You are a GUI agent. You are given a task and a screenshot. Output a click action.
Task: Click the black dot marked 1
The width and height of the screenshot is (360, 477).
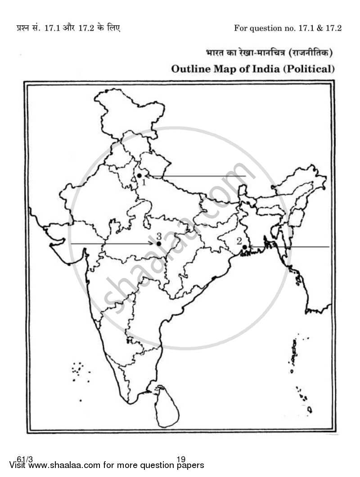tap(139, 175)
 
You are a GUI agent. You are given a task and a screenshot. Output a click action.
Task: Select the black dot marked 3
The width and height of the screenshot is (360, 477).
tap(159, 243)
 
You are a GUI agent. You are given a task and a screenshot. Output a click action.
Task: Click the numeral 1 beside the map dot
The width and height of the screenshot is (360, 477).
tap(144, 182)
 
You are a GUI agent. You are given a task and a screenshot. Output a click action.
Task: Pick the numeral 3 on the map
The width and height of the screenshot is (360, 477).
tap(159, 235)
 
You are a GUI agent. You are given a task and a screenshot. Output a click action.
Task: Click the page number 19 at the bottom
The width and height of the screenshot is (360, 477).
tap(181, 459)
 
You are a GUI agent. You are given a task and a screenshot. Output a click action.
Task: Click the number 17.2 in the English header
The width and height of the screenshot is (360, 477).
tap(333, 28)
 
